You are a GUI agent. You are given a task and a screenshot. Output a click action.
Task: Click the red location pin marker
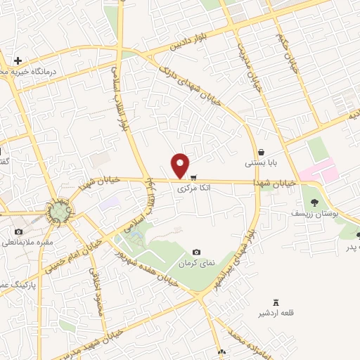pyautogui.click(x=181, y=165)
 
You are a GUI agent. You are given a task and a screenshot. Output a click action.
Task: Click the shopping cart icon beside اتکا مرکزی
pyautogui.click(x=193, y=177)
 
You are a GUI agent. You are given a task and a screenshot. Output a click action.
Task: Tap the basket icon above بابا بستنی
pyautogui.click(x=261, y=151)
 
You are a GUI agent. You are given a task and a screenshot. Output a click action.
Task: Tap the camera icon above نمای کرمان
pyautogui.click(x=196, y=252)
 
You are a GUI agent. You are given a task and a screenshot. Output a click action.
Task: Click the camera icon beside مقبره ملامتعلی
pyautogui.click(x=18, y=231)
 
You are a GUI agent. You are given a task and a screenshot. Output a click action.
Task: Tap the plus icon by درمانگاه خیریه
pyautogui.click(x=18, y=60)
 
